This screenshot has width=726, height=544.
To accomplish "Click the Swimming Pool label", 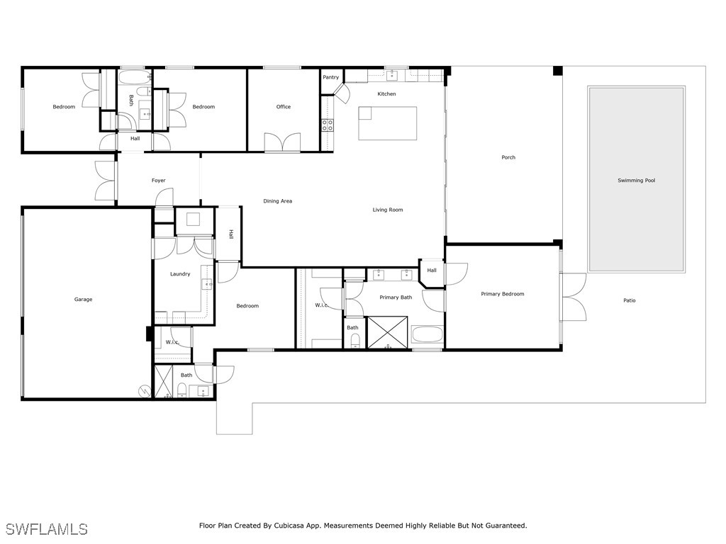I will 635,181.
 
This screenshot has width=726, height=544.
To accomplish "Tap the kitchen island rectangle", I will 387,123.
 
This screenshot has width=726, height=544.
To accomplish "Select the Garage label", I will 83,300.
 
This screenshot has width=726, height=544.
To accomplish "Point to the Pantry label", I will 330,77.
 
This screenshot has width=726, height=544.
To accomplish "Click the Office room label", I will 284,107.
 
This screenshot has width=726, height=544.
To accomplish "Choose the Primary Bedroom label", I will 502,294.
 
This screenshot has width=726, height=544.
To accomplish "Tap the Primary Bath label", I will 396,297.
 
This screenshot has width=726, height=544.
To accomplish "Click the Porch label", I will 508,157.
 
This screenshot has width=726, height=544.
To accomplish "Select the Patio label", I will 629,300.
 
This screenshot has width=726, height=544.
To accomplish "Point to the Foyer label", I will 159,181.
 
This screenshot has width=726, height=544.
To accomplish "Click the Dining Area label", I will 277,201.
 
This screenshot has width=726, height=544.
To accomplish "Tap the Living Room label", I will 388,210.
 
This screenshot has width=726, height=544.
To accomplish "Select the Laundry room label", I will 180,274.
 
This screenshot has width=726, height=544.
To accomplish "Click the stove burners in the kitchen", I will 328,125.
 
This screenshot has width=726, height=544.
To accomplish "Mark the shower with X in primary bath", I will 387,334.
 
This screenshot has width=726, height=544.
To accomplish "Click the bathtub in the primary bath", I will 428,335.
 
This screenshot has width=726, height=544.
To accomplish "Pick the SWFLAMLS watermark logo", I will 47,529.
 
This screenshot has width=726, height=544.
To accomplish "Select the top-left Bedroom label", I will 64,107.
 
